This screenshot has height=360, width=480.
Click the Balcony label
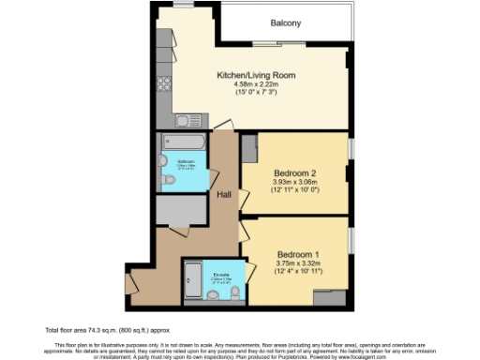[x=286, y=22]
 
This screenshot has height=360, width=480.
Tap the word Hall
[x=225, y=195]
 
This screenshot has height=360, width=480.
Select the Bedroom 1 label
[x=299, y=254]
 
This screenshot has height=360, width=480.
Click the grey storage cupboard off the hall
[x=180, y=211]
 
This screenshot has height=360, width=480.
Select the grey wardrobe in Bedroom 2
[x=249, y=148]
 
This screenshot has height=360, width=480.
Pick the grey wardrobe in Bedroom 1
[x=330, y=298]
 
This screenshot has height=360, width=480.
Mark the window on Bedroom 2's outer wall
[x=352, y=149]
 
